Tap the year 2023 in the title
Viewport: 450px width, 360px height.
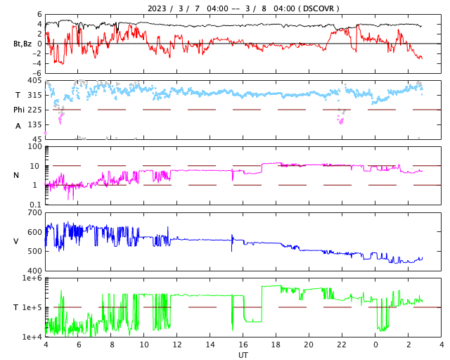[x=159, y=8]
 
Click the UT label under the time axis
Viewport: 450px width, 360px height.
[x=243, y=355]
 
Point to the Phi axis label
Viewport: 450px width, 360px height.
[x=19, y=110]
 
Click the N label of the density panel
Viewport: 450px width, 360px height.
[x=17, y=175]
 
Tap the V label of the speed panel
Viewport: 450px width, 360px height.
[x=17, y=241]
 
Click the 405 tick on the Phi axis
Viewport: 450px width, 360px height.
[x=34, y=81]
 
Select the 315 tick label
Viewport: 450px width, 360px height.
[x=34, y=95]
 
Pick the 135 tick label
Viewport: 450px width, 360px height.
[x=34, y=124]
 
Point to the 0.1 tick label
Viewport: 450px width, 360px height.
[x=35, y=204]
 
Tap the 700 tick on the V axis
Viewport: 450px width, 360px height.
[x=34, y=212]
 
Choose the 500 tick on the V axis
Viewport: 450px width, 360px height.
[x=34, y=251]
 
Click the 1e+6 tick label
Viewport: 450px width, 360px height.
[x=32, y=278]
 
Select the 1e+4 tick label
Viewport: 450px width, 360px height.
[x=32, y=336]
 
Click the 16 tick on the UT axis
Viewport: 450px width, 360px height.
[x=243, y=345]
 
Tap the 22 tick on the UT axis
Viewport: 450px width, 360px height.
[x=342, y=345]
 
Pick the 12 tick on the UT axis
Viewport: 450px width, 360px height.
[x=177, y=345]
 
